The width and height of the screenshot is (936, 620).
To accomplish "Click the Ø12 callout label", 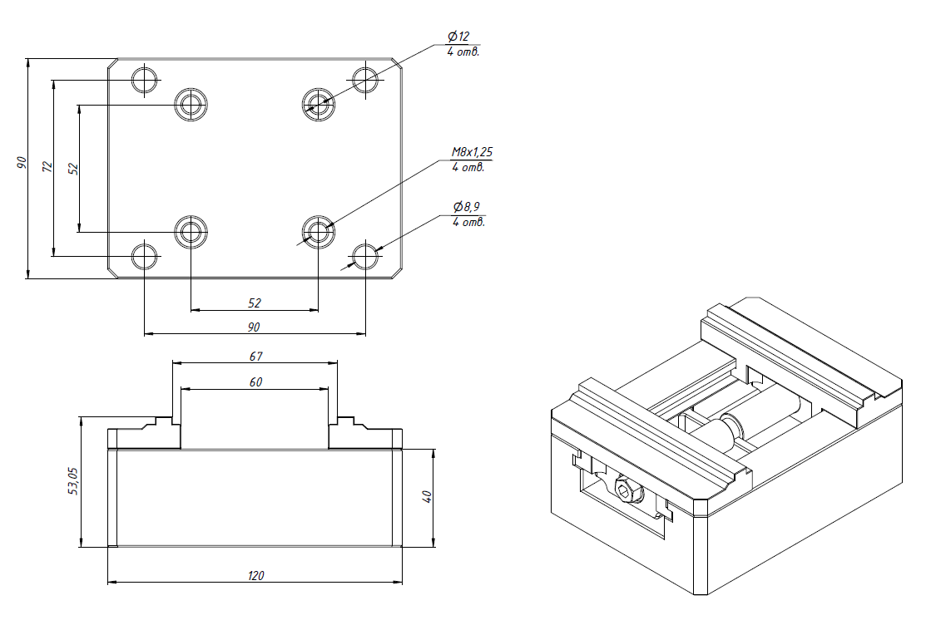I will (459, 37).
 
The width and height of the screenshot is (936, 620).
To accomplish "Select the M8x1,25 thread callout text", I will (472, 152).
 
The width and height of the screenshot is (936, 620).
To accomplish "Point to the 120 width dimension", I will (256, 575).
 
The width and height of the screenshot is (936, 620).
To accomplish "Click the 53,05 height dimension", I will (72, 481).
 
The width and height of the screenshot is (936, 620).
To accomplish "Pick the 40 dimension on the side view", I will (427, 497).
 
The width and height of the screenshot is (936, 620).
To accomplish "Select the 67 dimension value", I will (255, 357).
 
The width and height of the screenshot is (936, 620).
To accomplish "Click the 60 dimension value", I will (255, 382).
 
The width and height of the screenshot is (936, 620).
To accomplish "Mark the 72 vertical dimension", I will (47, 167).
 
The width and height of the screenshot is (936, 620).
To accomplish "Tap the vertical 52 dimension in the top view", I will (73, 168).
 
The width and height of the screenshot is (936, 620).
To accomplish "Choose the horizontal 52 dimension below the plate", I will (255, 303).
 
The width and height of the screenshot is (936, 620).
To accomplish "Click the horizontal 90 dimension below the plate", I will (255, 327).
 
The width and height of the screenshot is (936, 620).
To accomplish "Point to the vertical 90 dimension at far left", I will (22, 163).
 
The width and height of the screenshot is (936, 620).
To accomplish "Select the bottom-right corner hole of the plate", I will (365, 256).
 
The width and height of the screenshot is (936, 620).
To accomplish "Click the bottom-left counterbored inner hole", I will (191, 231).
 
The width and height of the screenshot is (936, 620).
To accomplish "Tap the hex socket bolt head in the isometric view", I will (625, 490).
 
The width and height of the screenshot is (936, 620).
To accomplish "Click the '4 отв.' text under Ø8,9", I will (468, 222).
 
